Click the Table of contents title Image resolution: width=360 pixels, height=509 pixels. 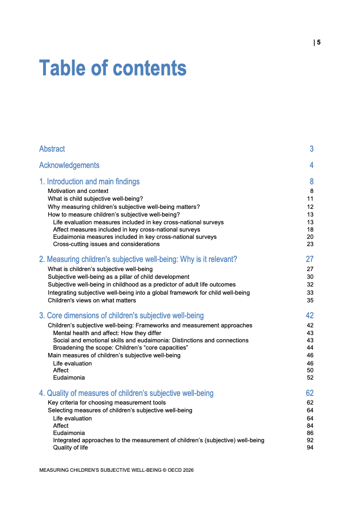click(113, 68)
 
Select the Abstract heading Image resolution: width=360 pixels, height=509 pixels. click(52, 149)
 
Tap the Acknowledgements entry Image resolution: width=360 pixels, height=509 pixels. click(69, 165)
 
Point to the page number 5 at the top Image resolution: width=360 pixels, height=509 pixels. click(319, 43)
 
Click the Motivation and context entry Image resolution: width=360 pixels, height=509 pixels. click(78, 191)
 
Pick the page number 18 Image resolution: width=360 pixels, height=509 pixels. click(310, 230)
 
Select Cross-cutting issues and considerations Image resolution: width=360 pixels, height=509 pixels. click(106, 244)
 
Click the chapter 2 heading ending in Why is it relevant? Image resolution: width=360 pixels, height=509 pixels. click(138, 259)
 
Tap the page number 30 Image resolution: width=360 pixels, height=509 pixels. click(310, 277)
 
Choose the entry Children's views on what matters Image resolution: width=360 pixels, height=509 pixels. click(92, 300)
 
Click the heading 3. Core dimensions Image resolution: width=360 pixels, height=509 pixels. click(121, 316)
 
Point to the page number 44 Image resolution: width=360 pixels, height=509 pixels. click(310, 348)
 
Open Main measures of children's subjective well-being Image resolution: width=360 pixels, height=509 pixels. click(114, 355)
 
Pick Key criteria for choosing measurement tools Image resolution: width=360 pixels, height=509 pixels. click(107, 403)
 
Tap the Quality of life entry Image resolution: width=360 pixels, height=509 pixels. click(70, 448)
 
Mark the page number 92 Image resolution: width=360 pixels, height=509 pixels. click(310, 440)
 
